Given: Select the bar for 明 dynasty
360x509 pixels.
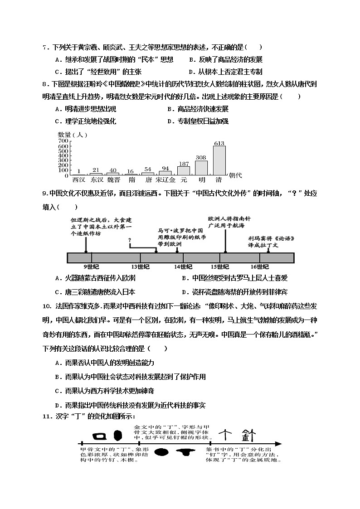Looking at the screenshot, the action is [x=201, y=168].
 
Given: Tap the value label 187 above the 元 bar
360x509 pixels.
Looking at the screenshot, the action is [x=184, y=164].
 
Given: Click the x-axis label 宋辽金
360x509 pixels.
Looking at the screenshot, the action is [x=165, y=179].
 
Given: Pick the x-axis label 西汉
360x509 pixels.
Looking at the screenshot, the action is [x=78, y=179].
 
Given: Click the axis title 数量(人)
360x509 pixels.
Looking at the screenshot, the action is [x=73, y=135].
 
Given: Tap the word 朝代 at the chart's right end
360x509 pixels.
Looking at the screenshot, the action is [x=235, y=175].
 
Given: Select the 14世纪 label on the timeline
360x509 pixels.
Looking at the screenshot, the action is [x=183, y=267].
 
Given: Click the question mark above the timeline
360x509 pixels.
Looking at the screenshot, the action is [x=130, y=240].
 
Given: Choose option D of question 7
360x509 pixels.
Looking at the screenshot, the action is [x=225, y=72].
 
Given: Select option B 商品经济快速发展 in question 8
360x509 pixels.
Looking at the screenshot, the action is [x=198, y=109].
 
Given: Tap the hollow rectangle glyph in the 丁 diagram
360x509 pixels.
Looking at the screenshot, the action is [x=99, y=436].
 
